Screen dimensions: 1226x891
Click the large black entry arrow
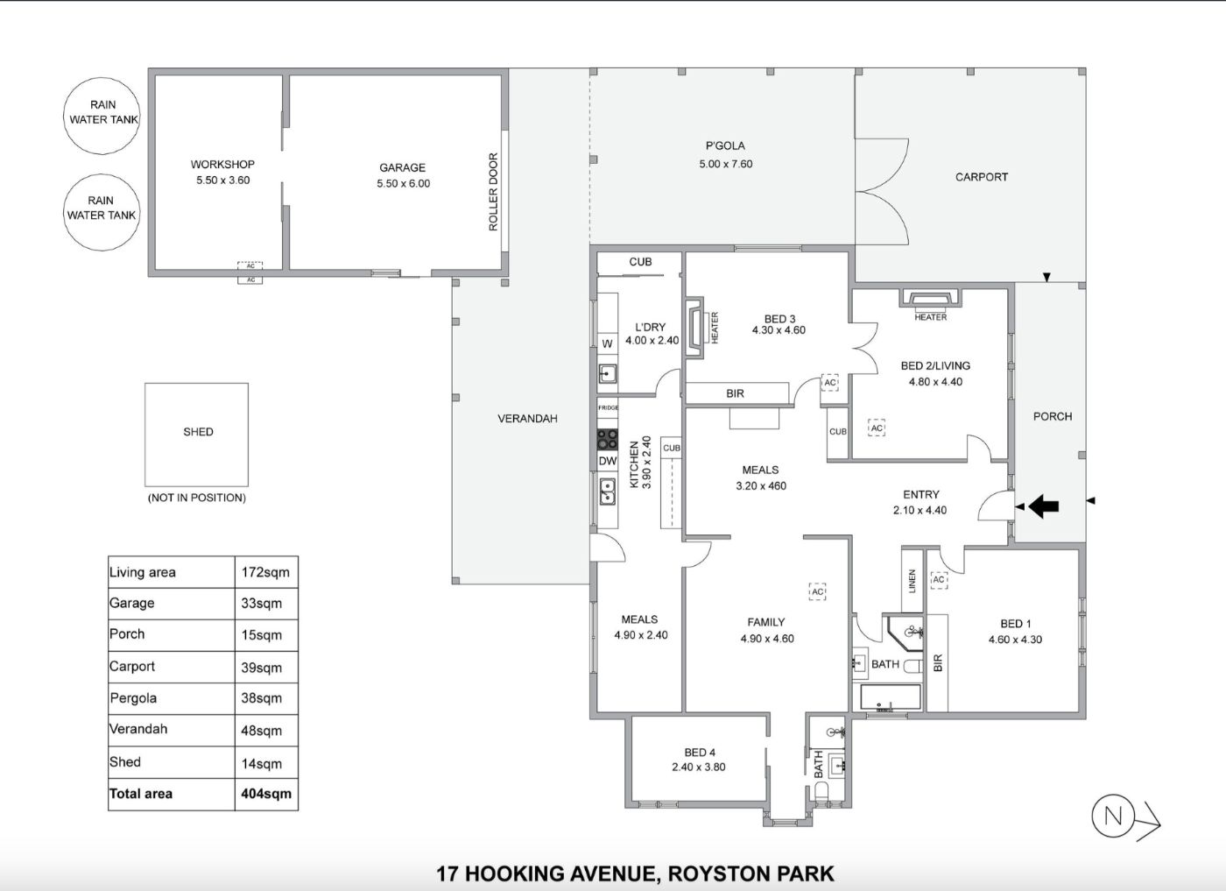click(x=1043, y=506)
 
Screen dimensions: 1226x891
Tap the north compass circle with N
click(x=1113, y=816)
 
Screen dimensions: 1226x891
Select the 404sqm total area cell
click(x=266, y=794)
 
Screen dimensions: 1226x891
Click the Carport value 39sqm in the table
click(x=262, y=667)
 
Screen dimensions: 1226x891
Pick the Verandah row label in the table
click(x=138, y=729)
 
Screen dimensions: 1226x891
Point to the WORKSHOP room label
click(x=222, y=165)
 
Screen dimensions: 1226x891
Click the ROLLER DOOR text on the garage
click(x=493, y=192)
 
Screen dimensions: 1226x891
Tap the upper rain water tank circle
click(x=102, y=116)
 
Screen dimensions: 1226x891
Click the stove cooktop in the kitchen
click(x=607, y=440)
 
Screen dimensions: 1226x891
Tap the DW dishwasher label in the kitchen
click(x=608, y=461)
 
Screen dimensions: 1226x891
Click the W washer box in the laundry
click(x=607, y=343)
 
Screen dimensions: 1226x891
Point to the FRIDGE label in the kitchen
click(x=608, y=407)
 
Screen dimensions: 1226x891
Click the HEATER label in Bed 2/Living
click(x=930, y=317)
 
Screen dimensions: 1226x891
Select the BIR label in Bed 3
click(x=735, y=393)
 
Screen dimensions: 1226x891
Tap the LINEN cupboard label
click(x=912, y=582)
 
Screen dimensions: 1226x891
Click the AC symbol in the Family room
click(x=817, y=591)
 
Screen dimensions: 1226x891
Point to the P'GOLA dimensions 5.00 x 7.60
click(x=726, y=164)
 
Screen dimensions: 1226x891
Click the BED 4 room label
click(x=700, y=753)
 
